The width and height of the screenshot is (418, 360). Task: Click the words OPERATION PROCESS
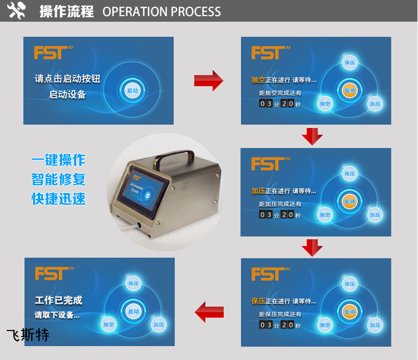coord(161,12)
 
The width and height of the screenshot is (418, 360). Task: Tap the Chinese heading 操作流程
coord(66,11)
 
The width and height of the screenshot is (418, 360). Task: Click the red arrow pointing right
coord(208,81)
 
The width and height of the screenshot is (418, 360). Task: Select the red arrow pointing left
coord(209,312)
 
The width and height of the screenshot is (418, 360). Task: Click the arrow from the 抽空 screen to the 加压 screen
coord(312,136)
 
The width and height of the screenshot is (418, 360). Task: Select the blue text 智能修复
coord(58,180)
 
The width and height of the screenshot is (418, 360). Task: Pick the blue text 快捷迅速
coord(58,199)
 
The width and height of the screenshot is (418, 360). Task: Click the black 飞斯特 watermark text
coord(28,335)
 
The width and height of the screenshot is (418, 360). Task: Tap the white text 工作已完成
coord(58,300)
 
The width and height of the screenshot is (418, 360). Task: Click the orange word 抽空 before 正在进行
coord(258,80)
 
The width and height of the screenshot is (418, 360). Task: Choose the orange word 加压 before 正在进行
coord(258,191)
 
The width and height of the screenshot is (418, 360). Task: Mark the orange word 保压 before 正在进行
coord(258,301)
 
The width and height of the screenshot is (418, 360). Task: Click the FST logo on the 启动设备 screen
coord(53,53)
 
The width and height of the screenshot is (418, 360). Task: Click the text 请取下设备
coord(57,315)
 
